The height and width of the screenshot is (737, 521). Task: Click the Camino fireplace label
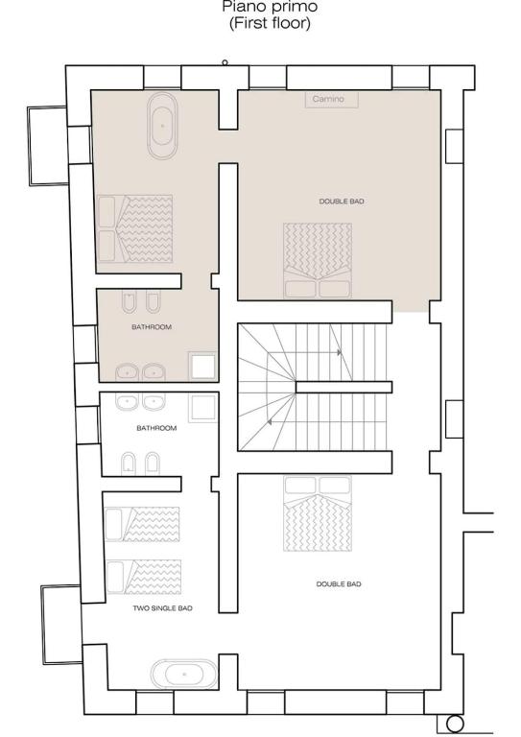click(x=328, y=99)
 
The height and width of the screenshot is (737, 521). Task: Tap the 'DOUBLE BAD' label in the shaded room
click(x=342, y=202)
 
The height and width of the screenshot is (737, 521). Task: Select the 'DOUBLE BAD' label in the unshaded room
click(x=339, y=583)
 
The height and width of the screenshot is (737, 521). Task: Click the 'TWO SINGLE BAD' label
click(x=162, y=608)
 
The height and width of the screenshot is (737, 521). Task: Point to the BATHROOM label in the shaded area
click(x=152, y=326)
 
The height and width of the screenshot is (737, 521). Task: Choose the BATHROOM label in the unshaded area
click(x=156, y=428)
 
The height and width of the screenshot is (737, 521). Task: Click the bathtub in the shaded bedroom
click(x=162, y=126)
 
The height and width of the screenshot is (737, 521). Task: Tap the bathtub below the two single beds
click(x=184, y=674)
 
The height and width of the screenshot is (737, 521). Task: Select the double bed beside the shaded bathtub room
click(x=134, y=228)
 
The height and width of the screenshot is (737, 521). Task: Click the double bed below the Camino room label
click(x=318, y=260)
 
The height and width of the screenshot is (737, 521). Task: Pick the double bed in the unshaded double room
click(x=318, y=512)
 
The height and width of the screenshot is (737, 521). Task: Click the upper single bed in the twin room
click(x=142, y=524)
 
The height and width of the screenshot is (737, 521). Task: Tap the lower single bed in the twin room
click(x=144, y=577)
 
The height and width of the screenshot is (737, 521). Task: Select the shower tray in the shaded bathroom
click(x=202, y=366)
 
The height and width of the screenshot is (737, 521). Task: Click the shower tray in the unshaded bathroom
click(x=203, y=408)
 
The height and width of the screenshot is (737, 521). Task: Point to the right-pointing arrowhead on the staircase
click(x=339, y=352)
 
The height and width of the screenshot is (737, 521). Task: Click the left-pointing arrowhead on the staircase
click(x=270, y=421)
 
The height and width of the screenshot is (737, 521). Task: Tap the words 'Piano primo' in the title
click(x=270, y=7)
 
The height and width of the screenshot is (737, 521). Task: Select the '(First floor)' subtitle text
click(x=270, y=23)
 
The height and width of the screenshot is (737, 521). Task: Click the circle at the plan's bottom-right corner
click(x=454, y=723)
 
